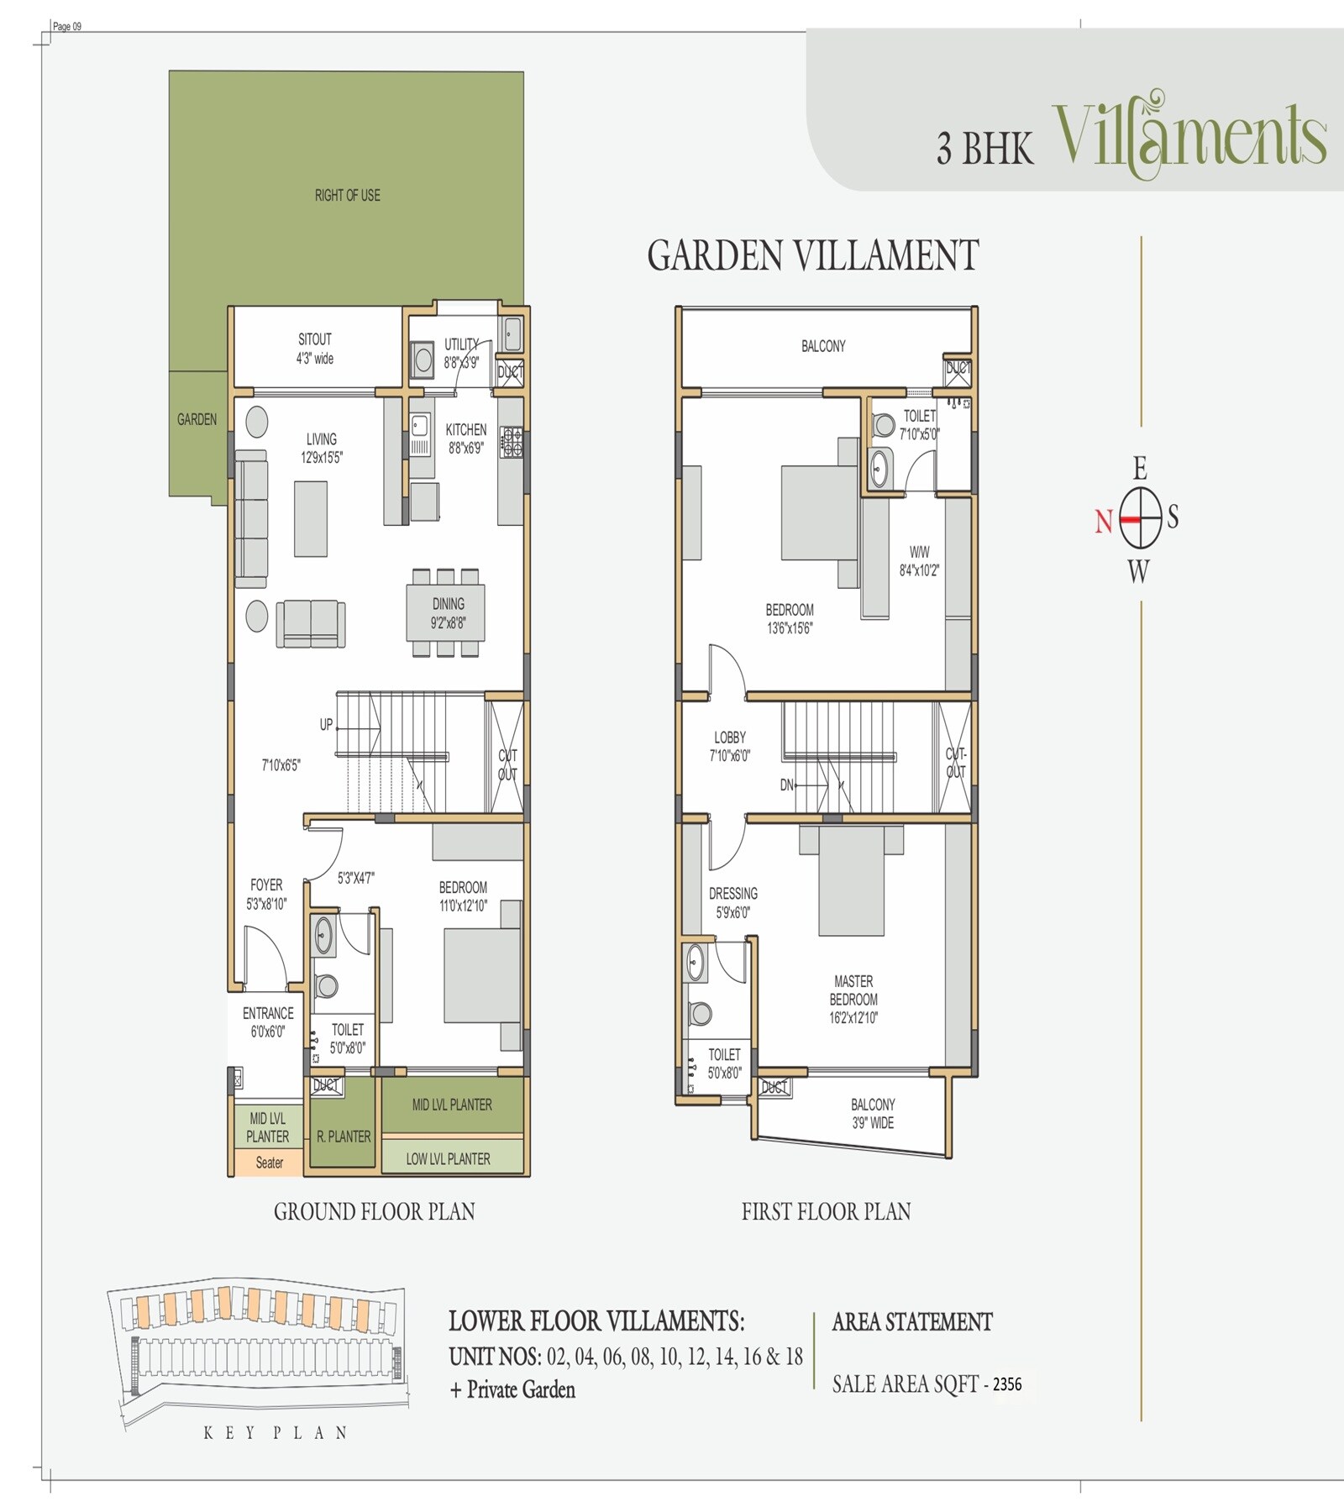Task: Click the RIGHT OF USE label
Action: [347, 196]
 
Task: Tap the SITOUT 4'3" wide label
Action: [315, 349]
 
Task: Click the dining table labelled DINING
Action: [447, 613]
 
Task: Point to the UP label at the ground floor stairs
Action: [326, 725]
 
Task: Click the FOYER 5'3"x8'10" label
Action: [266, 894]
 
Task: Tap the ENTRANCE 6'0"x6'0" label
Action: [268, 1022]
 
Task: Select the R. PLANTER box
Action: [343, 1137]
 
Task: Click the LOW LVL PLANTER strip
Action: [449, 1159]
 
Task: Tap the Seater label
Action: [269, 1163]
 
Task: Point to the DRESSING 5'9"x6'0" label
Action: [732, 902]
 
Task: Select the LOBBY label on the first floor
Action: [729, 746]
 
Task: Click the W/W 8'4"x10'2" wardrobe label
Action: [919, 561]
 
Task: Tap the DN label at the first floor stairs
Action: [786, 785]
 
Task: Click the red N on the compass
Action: [1103, 522]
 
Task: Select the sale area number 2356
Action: [1007, 1383]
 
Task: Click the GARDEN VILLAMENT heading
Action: [812, 255]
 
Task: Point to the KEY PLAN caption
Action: [275, 1433]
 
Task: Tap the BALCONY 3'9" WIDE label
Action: [873, 1114]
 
